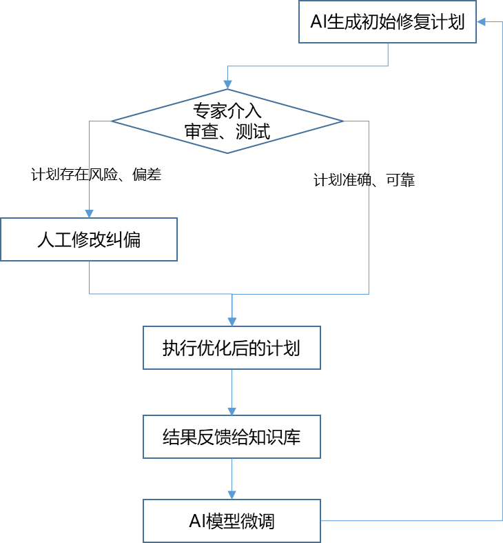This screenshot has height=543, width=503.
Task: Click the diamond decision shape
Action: point(227,121)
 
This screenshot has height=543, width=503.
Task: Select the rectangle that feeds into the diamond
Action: point(387,22)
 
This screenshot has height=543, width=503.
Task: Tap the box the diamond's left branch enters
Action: point(89,239)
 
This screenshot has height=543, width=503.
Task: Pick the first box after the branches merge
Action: point(232,348)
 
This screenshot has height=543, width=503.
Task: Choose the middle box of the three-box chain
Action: point(232,437)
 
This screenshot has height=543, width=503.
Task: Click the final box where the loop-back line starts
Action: point(232,521)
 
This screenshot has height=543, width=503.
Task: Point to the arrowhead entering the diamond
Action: point(227,84)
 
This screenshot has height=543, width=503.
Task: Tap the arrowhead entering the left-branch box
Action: point(89,213)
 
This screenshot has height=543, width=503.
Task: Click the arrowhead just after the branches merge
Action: point(232,321)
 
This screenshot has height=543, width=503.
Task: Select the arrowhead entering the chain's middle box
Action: point(232,411)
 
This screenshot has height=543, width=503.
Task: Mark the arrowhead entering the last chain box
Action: point(232,495)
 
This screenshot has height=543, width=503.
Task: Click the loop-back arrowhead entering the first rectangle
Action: point(481,22)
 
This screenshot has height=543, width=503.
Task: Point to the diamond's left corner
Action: point(112,121)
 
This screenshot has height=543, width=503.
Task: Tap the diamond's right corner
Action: point(343,121)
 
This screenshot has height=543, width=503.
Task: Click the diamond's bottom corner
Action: point(227,152)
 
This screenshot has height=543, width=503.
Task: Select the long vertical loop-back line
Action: point(502,276)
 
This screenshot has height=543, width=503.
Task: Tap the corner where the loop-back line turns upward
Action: point(502,521)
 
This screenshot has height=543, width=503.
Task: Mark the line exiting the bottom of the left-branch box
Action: point(89,277)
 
